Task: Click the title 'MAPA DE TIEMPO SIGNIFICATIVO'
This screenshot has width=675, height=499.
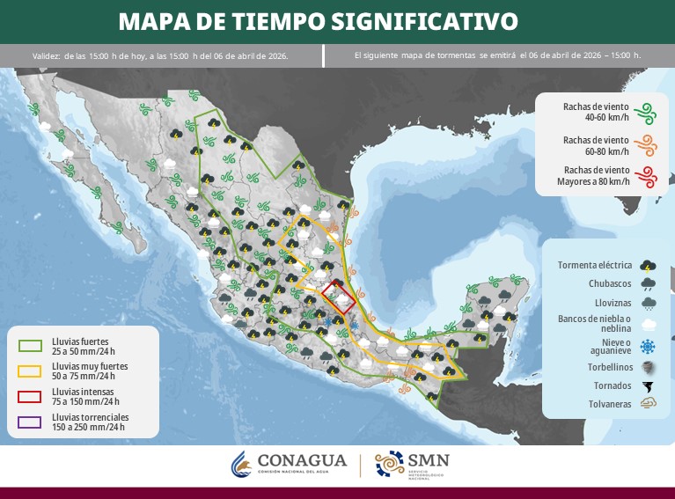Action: coord(318,20)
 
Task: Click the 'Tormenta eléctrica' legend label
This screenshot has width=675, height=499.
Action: coord(595,265)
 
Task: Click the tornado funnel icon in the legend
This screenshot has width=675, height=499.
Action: coord(649,385)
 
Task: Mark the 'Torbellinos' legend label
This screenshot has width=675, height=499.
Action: coord(608,366)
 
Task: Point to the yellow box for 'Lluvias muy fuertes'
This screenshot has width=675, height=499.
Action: coord(30,369)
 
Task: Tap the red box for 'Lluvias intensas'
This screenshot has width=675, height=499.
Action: coord(30,395)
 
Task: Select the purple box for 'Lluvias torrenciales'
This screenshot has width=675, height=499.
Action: coord(30,421)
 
